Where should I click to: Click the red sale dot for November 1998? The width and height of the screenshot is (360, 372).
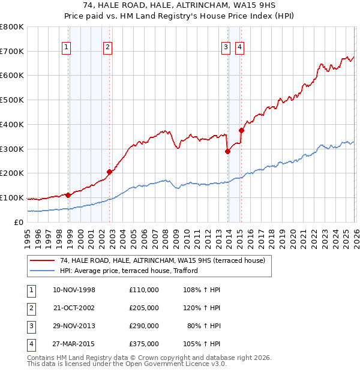68,195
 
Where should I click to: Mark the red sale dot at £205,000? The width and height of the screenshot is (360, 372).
110,172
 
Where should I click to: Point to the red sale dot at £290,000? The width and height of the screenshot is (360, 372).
228,151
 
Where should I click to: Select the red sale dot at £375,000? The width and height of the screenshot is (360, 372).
241,130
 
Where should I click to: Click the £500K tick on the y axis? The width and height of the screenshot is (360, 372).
12,100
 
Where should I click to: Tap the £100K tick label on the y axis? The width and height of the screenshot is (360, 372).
12,198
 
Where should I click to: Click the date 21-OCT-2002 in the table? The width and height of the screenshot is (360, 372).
74,308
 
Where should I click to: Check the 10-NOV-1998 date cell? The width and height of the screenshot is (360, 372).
74,290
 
